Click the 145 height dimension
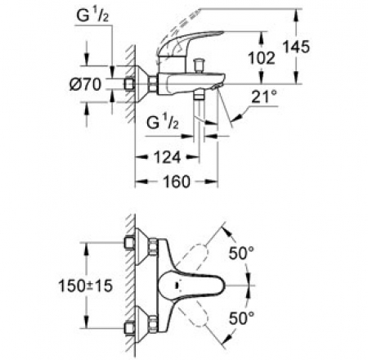pos(296,47)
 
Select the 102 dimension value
pos(262,58)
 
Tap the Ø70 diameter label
pos(85,84)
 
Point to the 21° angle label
pos(264,97)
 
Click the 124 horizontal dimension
pos(167,157)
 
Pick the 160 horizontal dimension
pos(177,182)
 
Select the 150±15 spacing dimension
pos(85,286)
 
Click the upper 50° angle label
pos(241,253)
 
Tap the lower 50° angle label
pos(241,318)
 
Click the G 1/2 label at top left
pos(92,16)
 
